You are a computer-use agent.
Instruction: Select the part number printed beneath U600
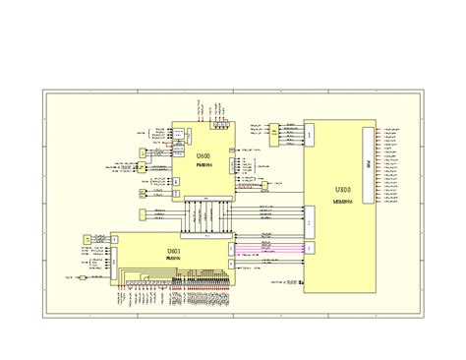(203, 167)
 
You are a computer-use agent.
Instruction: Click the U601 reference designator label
(174, 253)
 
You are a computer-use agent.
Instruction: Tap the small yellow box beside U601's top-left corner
(87, 239)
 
